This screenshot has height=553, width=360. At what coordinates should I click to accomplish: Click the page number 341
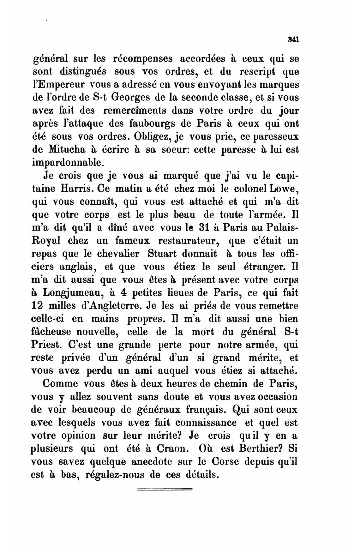pyautogui.click(x=293, y=39)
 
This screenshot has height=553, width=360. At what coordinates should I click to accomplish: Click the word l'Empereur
pyautogui.click(x=58, y=85)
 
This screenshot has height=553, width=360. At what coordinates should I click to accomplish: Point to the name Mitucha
pyautogui.click(x=67, y=150)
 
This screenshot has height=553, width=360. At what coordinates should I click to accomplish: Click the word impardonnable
pyautogui.click(x=68, y=163)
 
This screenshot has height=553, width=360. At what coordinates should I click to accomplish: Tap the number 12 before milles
pyautogui.click(x=38, y=306)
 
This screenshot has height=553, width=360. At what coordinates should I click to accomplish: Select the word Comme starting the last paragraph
pyautogui.click(x=60, y=384)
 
